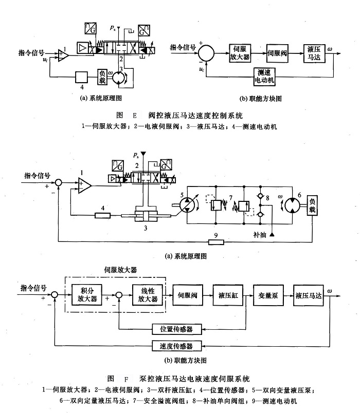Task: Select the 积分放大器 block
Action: pyautogui.click(x=85, y=295)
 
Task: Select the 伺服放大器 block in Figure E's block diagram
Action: pyautogui.click(x=239, y=52)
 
